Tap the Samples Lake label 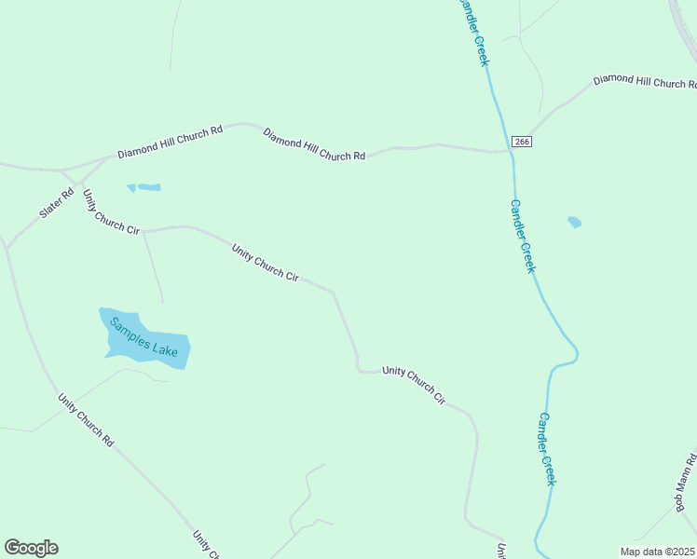click(x=143, y=338)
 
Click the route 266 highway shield click(x=521, y=141)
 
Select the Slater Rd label click(x=56, y=204)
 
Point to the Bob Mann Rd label click(x=686, y=482)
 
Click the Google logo click(x=31, y=548)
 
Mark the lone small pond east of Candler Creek click(x=574, y=222)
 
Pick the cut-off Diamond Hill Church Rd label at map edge click(x=645, y=82)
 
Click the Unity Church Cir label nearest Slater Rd click(x=111, y=212)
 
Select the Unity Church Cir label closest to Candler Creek click(x=415, y=383)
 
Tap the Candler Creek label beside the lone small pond click(x=523, y=236)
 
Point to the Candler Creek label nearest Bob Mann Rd click(x=547, y=449)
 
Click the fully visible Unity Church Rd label click(x=85, y=420)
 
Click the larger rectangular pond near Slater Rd click(x=148, y=187)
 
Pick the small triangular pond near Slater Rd click(x=131, y=188)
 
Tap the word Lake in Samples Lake click(x=165, y=347)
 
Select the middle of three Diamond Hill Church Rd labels click(x=314, y=144)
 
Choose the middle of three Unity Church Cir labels click(x=266, y=264)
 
